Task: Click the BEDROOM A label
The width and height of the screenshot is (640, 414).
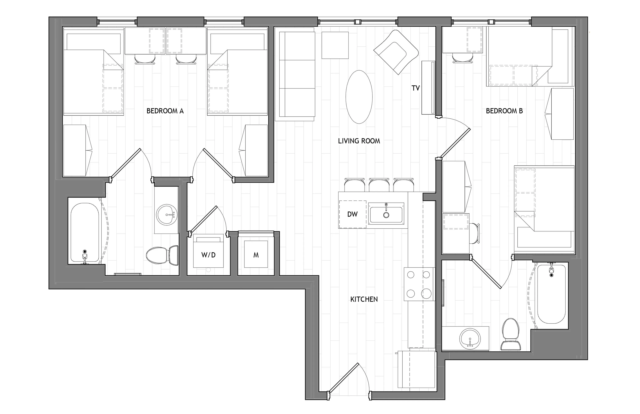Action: (x=165, y=111)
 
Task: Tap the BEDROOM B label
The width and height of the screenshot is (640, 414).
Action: (x=504, y=111)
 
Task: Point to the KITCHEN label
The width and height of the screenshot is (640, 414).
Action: (x=364, y=299)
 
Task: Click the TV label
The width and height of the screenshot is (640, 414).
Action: (x=416, y=88)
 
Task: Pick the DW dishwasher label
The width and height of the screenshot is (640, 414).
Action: (x=352, y=214)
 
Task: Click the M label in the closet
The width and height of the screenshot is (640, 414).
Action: (x=256, y=255)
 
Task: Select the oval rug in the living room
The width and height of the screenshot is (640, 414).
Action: (x=359, y=97)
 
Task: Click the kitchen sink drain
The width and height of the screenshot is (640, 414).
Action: (x=386, y=215)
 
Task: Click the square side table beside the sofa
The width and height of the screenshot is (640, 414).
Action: (x=335, y=45)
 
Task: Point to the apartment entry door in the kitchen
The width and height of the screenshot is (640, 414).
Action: (x=344, y=381)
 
